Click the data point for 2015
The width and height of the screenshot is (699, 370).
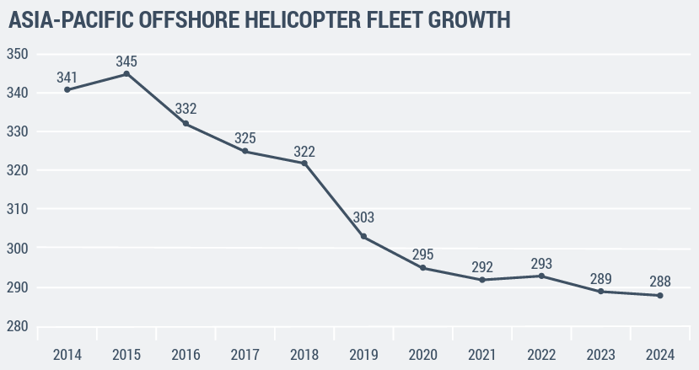click(126, 74)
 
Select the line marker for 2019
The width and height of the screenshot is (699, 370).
click(363, 237)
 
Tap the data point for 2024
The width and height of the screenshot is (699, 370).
click(659, 295)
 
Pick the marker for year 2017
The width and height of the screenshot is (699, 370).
click(245, 151)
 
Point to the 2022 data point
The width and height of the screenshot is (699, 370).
click(541, 276)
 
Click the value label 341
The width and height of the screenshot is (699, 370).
click(67, 78)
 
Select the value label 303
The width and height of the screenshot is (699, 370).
click(363, 217)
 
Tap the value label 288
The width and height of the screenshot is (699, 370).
click(659, 282)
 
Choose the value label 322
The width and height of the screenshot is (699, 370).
click(304, 152)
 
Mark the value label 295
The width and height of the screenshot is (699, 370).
click(422, 255)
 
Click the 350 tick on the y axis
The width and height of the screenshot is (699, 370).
click(18, 54)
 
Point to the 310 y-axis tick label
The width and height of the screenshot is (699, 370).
click(18, 210)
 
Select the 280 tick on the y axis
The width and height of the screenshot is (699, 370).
click(18, 327)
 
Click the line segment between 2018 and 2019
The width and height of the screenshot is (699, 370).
click(334, 200)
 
